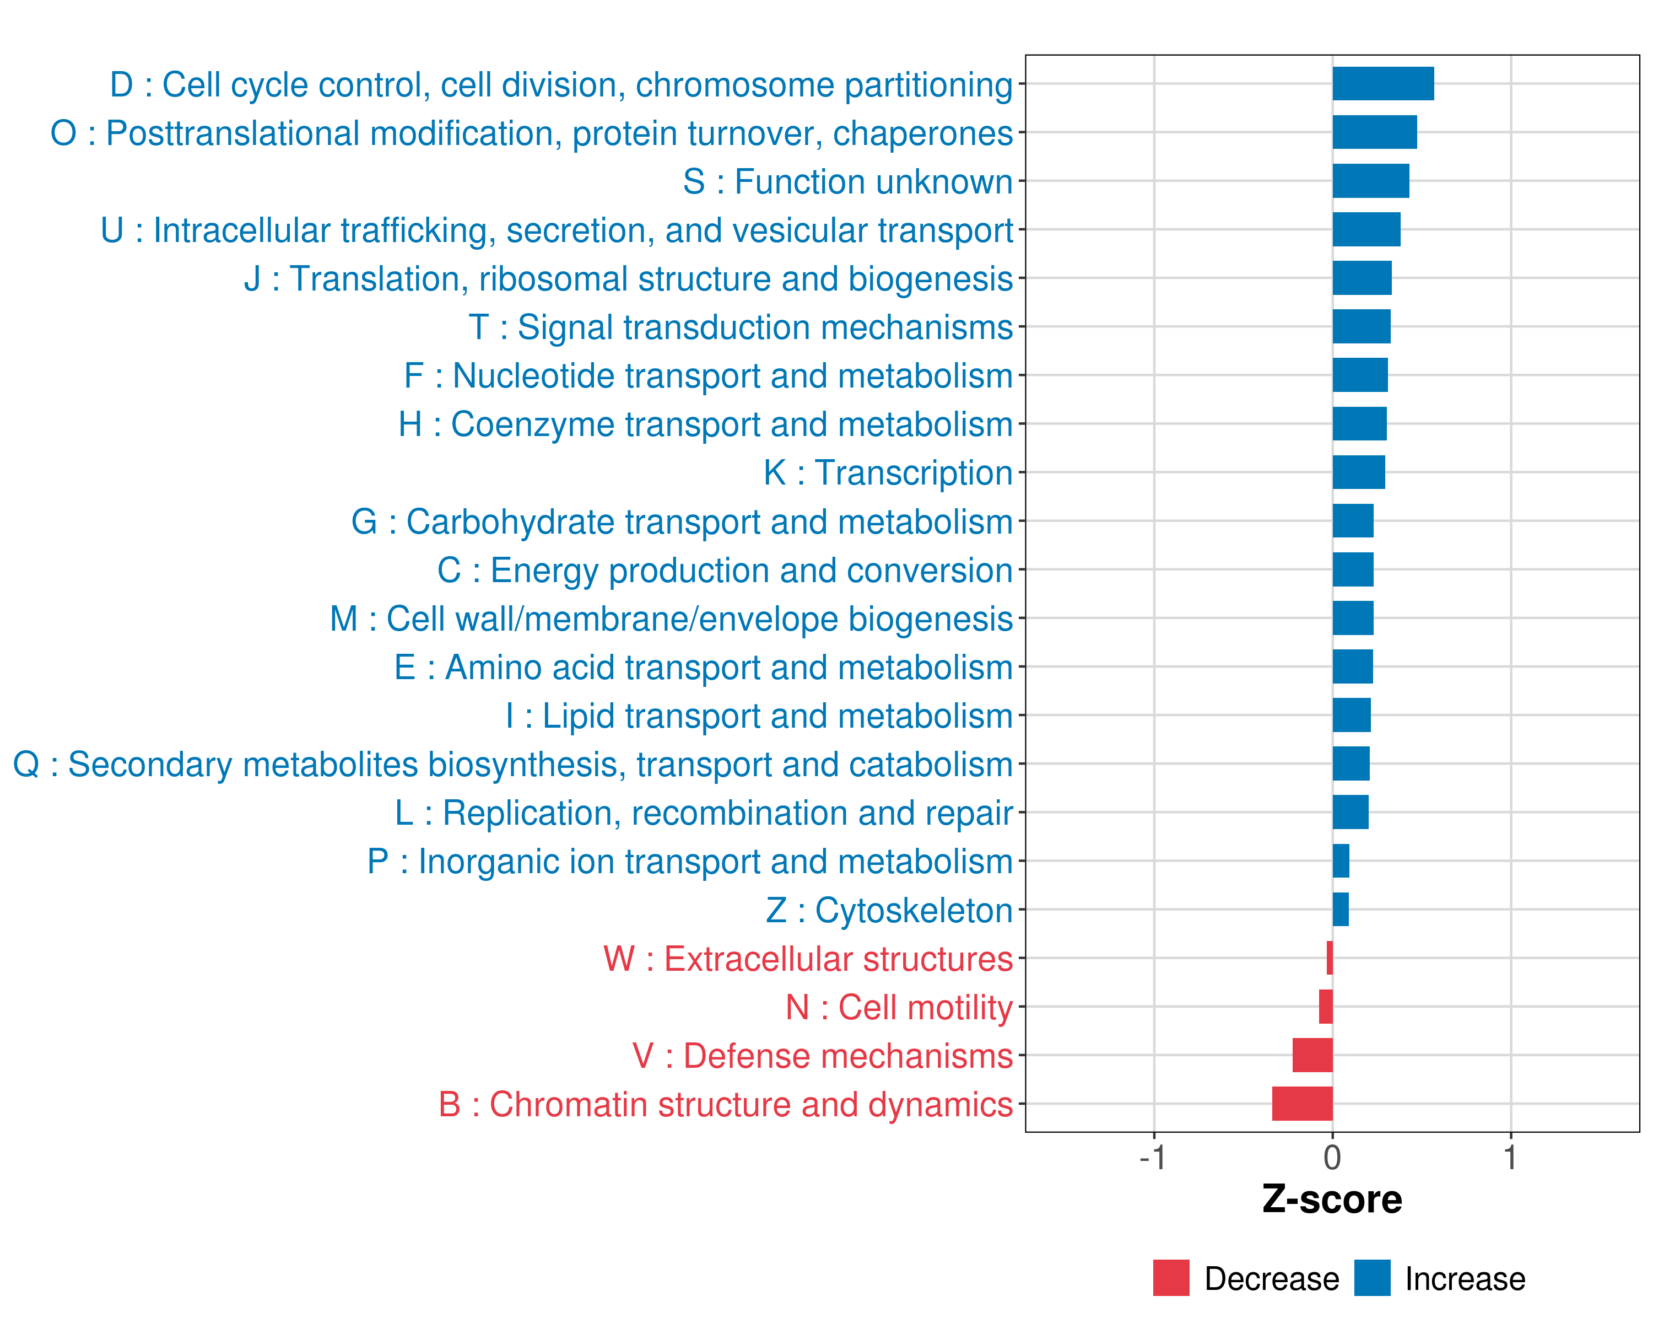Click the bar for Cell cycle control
point(1383,84)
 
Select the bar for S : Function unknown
point(1371,181)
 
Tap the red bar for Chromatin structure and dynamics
point(1302,1104)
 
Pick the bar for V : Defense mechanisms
point(1312,1055)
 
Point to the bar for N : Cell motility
point(1326,1006)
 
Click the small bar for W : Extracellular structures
point(1330,958)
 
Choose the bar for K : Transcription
point(1359,472)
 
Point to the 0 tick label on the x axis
point(1332,1158)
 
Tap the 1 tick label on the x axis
point(1510,1158)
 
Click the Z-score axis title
point(1332,1200)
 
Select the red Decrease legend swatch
point(1171,1278)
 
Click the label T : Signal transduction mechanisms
point(741,327)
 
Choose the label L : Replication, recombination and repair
point(704,813)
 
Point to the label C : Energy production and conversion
point(725,571)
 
